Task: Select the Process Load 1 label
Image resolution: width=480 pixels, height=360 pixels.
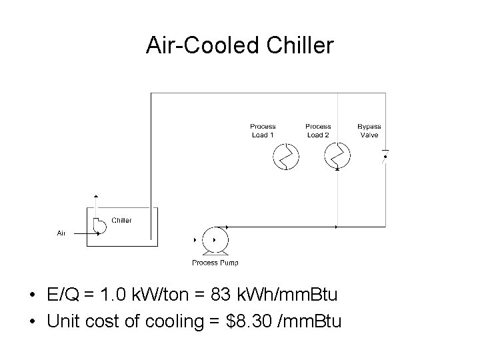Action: tap(263, 131)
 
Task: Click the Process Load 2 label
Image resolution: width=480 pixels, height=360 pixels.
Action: tap(318, 131)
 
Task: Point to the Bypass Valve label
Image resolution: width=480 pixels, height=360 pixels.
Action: tap(369, 131)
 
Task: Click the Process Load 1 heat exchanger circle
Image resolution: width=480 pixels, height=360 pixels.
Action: tap(286, 157)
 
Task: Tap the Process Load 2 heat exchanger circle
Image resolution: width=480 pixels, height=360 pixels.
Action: tap(337, 157)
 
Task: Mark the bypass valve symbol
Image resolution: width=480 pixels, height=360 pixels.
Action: tap(385, 157)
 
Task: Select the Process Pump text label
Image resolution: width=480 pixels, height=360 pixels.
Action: tap(215, 263)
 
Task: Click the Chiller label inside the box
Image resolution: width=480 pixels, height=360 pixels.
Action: tap(121, 220)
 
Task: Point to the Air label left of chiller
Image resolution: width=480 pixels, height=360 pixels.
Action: tap(61, 233)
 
